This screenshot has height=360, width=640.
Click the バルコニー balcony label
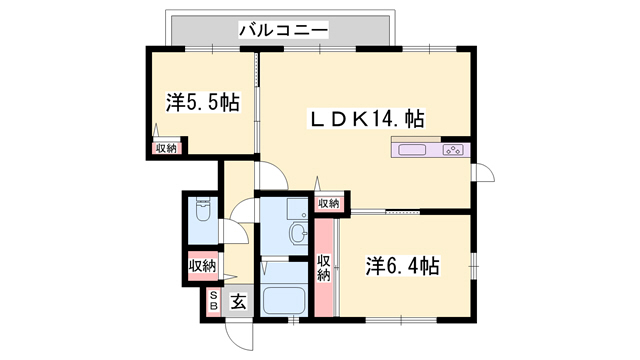click(x=283, y=30)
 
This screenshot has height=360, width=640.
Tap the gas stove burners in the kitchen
click(x=453, y=151)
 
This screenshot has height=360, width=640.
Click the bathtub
click(x=283, y=300)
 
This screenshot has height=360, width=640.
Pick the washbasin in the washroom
click(x=296, y=235)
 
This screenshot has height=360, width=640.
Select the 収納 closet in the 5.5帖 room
click(x=165, y=148)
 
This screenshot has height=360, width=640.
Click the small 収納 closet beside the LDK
click(x=328, y=203)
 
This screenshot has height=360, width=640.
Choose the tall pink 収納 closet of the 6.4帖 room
click(x=324, y=267)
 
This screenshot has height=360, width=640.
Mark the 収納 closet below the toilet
click(x=202, y=266)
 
